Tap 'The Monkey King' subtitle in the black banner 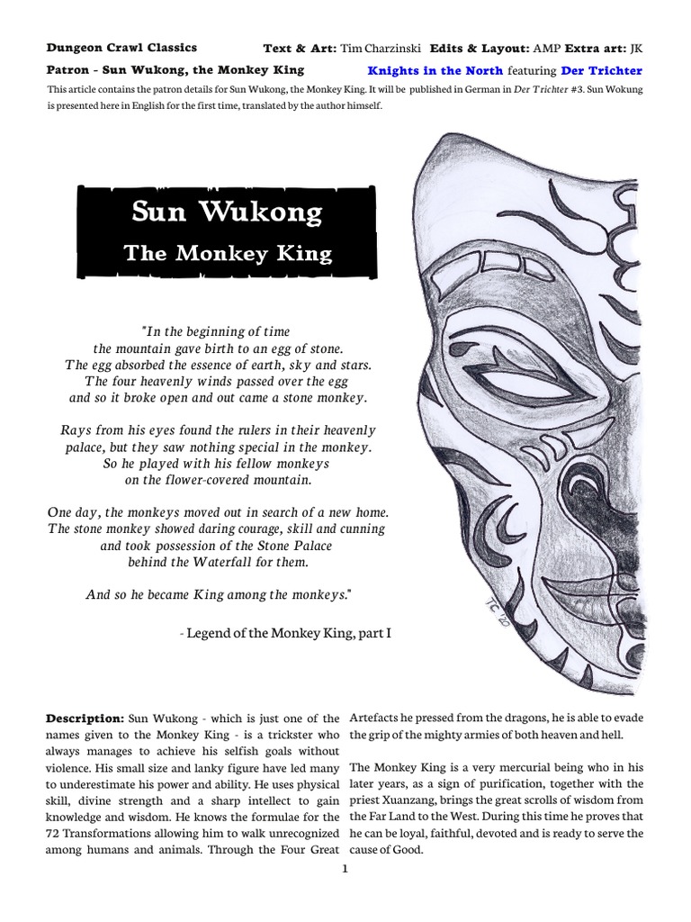click(x=228, y=253)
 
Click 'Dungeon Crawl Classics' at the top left click(x=121, y=47)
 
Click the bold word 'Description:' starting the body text click(x=85, y=718)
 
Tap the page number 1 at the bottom click(x=345, y=870)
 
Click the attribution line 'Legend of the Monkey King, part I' click(x=286, y=634)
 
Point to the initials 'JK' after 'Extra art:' click(x=636, y=47)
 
